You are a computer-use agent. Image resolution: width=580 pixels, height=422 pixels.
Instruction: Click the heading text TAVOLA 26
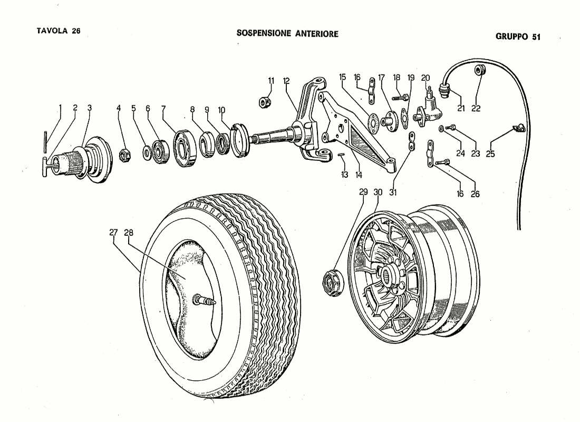[x=58, y=31]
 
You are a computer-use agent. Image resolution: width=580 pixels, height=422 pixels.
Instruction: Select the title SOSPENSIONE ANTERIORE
[x=287, y=33]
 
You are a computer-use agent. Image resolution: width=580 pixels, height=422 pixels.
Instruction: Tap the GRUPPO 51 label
[x=518, y=37]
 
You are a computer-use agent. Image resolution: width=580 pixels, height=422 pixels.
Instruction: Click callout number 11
[x=271, y=81]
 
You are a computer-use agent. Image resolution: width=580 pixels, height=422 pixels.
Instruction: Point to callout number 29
[x=363, y=193]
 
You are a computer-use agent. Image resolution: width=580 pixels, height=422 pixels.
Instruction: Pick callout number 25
[x=490, y=155]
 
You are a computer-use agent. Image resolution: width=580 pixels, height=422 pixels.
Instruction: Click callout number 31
[x=393, y=193]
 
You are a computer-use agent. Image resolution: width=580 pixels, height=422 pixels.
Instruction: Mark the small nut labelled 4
[x=125, y=155]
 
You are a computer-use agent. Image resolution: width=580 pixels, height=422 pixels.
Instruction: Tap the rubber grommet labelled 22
[x=479, y=70]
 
